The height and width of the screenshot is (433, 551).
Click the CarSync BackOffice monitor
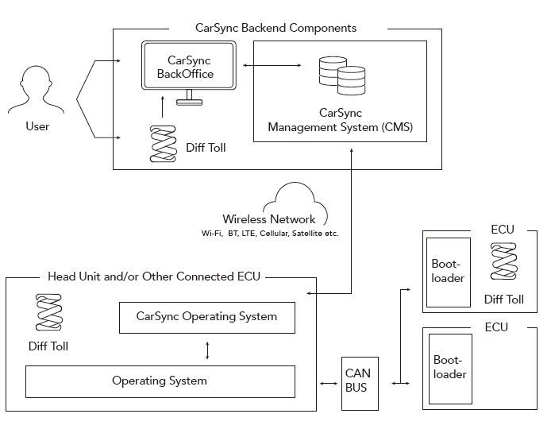[189, 68]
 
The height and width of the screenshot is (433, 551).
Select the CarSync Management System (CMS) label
[341, 120]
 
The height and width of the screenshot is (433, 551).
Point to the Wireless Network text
[269, 219]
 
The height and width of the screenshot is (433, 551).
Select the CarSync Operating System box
[206, 317]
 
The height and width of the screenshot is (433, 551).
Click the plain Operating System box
[160, 381]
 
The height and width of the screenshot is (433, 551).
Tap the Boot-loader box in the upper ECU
[447, 272]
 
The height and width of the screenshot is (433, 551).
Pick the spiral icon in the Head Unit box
[48, 312]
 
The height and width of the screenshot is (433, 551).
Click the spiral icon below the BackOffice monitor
[163, 144]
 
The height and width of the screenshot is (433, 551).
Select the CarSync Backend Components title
[275, 28]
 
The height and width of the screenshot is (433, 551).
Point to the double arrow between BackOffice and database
[271, 66]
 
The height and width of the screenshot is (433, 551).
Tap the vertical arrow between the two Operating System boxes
[206, 350]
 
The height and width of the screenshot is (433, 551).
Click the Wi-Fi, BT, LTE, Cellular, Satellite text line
[271, 234]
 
